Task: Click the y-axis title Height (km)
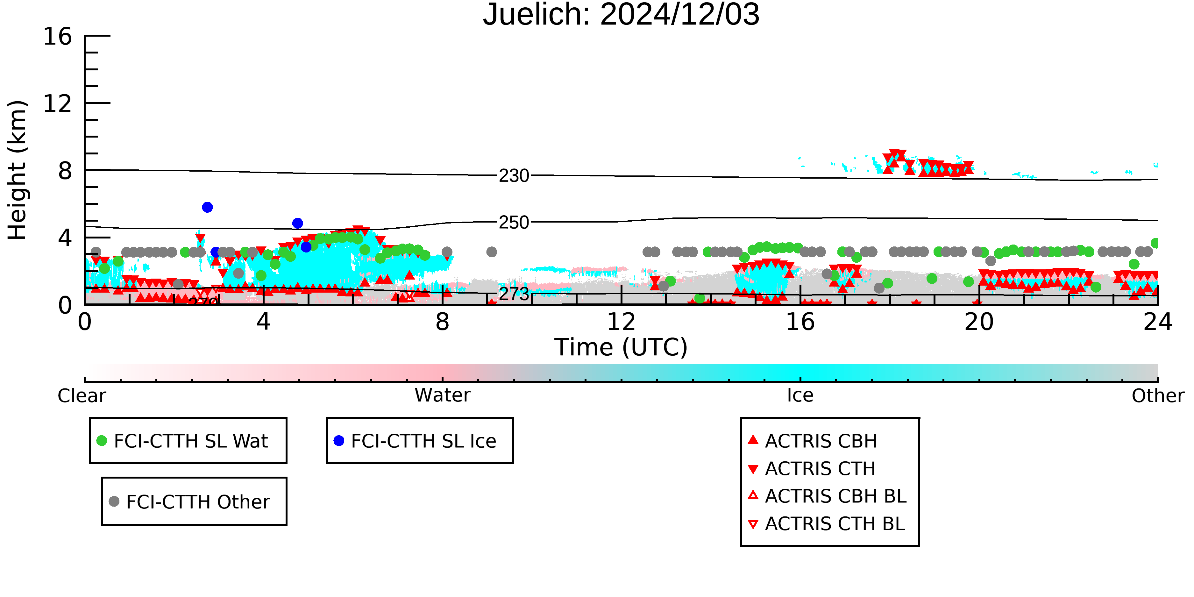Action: click(17, 170)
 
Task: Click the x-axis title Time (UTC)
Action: click(621, 347)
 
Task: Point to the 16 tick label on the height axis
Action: click(58, 36)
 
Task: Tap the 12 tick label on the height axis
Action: click(58, 103)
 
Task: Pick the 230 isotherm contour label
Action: click(514, 176)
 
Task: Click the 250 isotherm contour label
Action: click(514, 223)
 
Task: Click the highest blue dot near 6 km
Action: click(207, 207)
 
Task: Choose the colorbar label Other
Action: click(1158, 396)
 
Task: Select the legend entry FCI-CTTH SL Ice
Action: click(415, 441)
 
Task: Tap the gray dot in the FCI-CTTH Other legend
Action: click(114, 501)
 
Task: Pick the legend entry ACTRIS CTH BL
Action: click(827, 524)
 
